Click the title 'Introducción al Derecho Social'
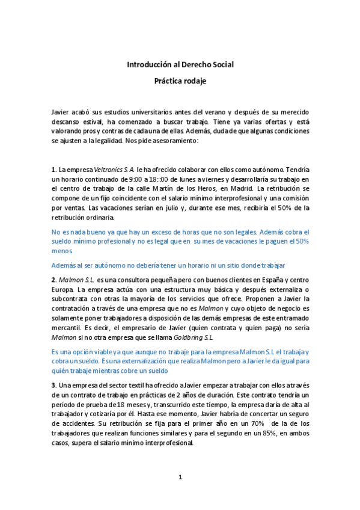(x=180, y=64)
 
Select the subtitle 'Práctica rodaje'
(x=180, y=81)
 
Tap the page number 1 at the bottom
(x=180, y=477)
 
